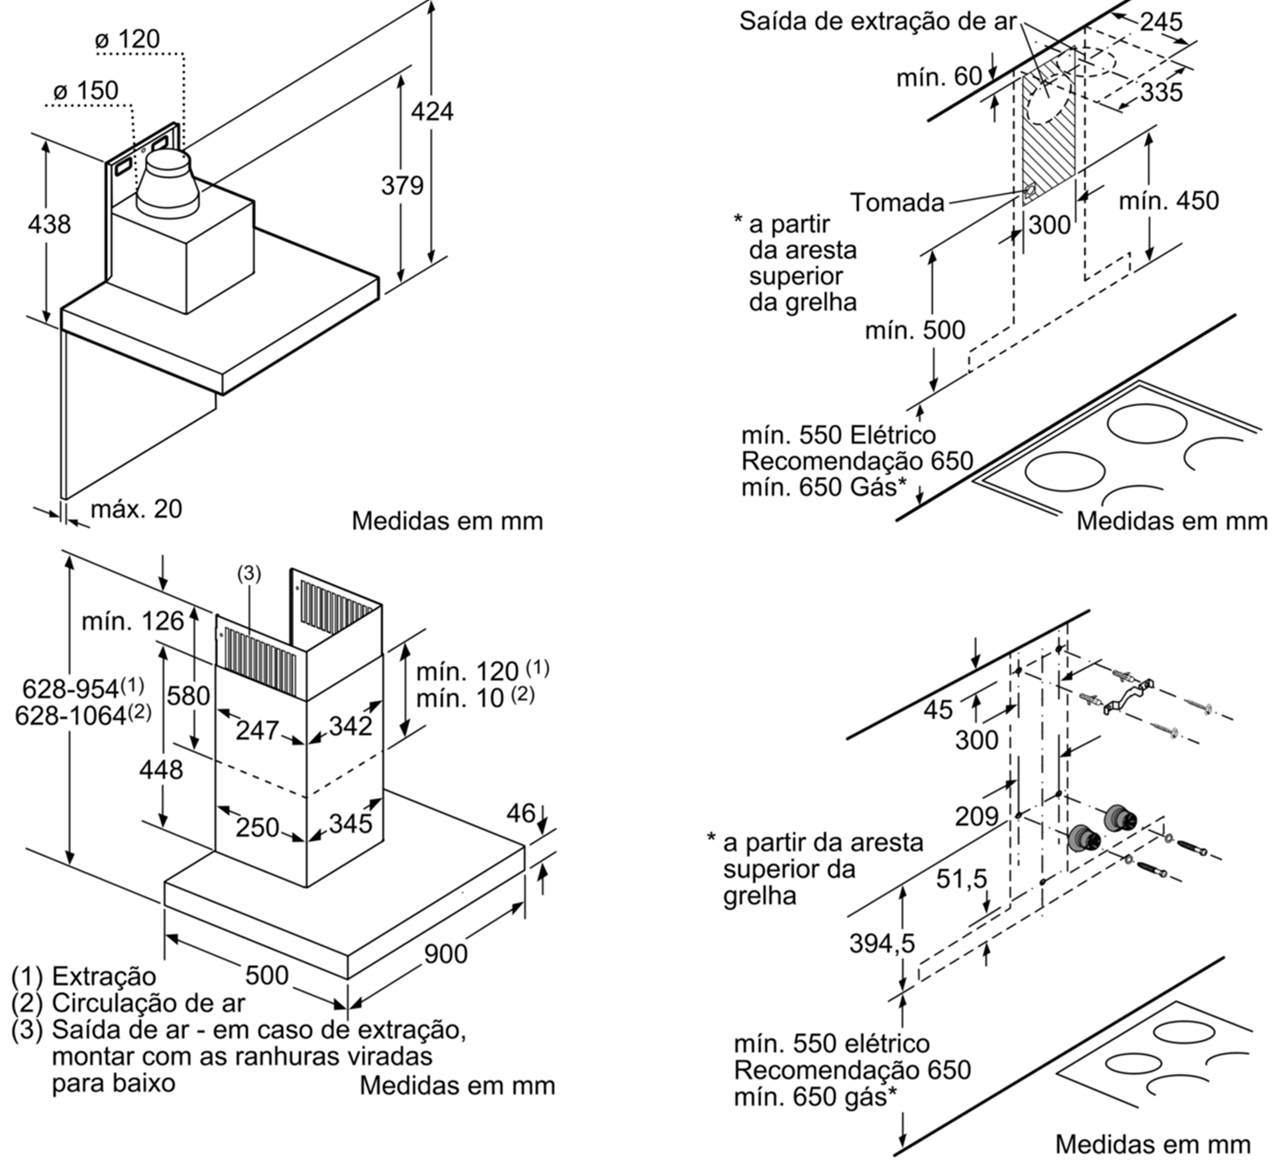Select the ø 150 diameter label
85,91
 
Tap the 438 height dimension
50,224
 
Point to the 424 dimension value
431,111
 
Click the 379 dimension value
402,186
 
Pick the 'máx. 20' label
136,509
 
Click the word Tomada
897,203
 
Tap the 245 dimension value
1160,22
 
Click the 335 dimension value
1160,91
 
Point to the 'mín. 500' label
914,331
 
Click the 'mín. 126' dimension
133,621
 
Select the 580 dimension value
189,696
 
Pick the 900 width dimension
445,953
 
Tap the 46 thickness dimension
521,813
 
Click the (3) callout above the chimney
249,574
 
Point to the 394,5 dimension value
882,944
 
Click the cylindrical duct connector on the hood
165,185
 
